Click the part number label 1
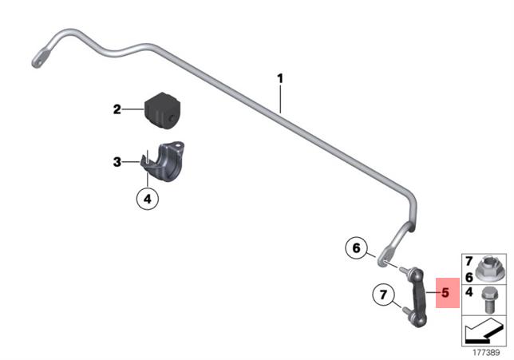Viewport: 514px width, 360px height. pyautogui.click(x=280, y=78)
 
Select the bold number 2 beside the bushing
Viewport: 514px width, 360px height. pyautogui.click(x=117, y=109)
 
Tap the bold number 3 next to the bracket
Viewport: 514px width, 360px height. pyautogui.click(x=117, y=163)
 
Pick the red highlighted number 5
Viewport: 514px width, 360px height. pyautogui.click(x=445, y=293)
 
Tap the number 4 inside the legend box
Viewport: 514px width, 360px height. pyautogui.click(x=469, y=292)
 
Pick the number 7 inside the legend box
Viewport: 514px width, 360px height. pyautogui.click(x=469, y=262)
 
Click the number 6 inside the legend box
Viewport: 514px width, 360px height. pyautogui.click(x=469, y=275)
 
